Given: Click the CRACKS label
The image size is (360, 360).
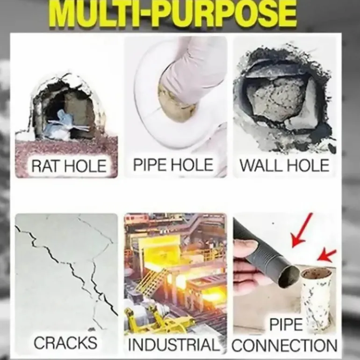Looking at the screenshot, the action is point(65,343).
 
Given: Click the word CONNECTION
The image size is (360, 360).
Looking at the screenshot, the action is point(285,346).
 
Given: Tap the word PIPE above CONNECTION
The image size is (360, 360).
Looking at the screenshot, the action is point(286,324).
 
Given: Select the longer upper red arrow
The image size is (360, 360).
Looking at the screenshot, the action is point(302,230).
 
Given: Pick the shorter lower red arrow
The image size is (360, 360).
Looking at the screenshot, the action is point(326,255).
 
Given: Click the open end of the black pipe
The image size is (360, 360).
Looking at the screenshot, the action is point(288,277).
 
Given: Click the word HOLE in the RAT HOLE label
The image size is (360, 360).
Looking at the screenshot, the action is point(85,166).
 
